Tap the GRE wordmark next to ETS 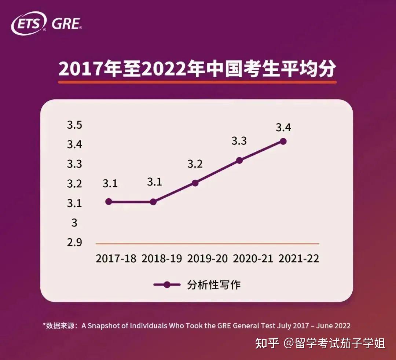click(66, 24)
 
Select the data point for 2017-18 click(109, 202)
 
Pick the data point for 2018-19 click(153, 202)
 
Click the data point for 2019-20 click(195, 183)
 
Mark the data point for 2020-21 click(239, 160)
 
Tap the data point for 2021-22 click(283, 141)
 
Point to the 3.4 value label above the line click(283, 128)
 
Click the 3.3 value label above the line click(239, 141)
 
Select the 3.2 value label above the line click(195, 164)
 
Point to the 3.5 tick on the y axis click(74, 125)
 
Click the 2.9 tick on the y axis click(74, 242)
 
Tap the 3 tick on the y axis click(74, 223)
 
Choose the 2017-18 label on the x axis click(116, 258)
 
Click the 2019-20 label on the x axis click(207, 258)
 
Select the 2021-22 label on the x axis click(299, 258)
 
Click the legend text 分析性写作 click(214, 285)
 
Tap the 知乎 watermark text click(267, 344)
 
